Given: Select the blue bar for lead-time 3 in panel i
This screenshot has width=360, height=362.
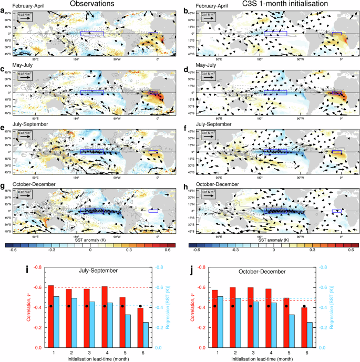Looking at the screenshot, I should (x=92, y=324).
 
